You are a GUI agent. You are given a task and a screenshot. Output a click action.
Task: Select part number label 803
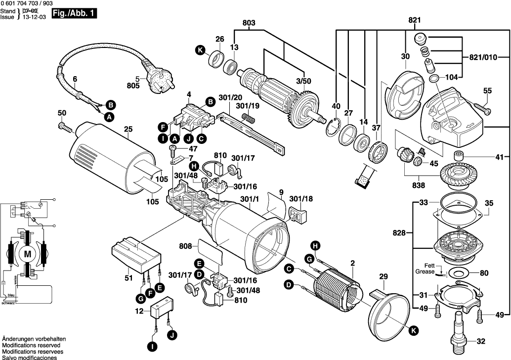[x=249, y=23]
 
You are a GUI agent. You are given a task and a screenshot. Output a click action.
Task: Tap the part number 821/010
[x=479, y=58]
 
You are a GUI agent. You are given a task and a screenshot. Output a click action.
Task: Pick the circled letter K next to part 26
[x=200, y=49]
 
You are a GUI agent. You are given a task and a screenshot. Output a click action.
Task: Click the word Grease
[x=426, y=271]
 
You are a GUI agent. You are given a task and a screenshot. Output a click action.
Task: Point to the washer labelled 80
[x=459, y=272]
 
